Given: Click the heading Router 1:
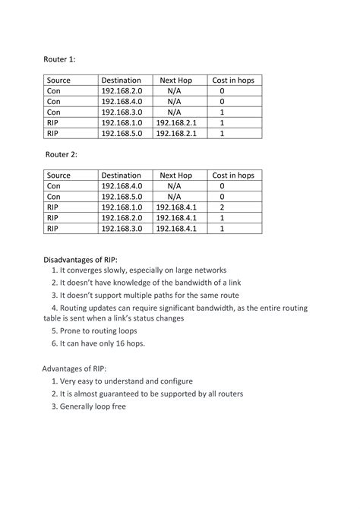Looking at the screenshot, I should pos(61,58).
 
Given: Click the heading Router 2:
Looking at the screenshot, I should pos(61,154).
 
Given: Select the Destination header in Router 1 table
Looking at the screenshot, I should pos(121,80).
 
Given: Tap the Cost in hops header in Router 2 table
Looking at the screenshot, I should pos(232,175).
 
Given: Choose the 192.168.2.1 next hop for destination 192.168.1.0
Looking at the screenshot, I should pos(176,122).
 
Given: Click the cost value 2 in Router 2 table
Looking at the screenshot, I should pos(222,207).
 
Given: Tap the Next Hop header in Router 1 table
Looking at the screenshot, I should pos(175,80).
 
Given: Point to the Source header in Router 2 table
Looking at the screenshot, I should pos(58,175).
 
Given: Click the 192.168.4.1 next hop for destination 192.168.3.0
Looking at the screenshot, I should pos(176,228).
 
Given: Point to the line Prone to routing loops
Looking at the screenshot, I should pos(95,331).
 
